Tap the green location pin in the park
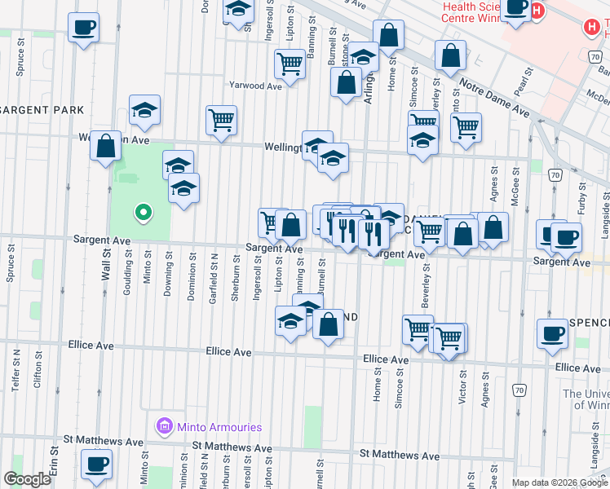click(x=143, y=214)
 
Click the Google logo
click(x=27, y=478)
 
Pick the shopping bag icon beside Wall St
click(x=105, y=147)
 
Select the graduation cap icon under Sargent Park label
click(x=144, y=111)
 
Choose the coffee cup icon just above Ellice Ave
click(x=553, y=333)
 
